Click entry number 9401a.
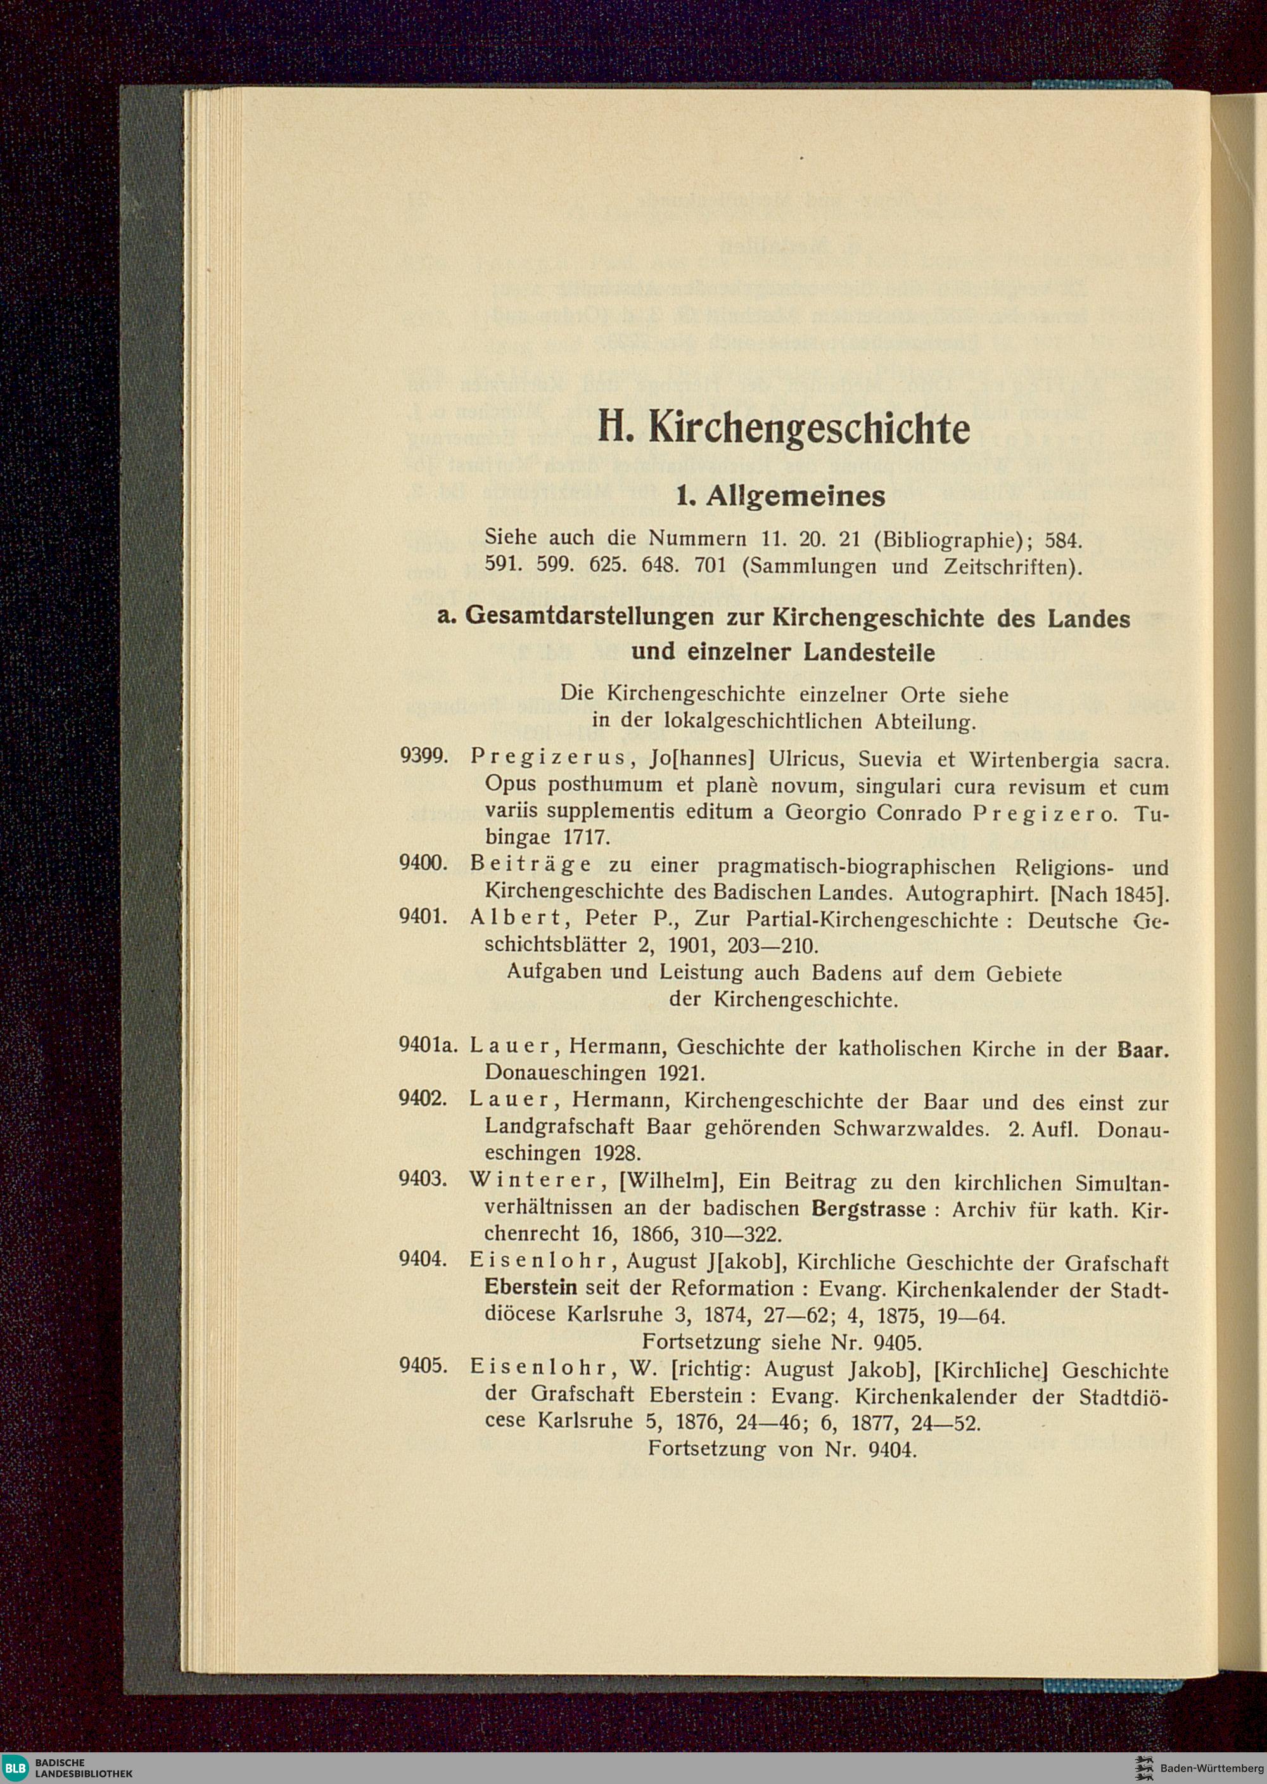tap(426, 1048)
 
